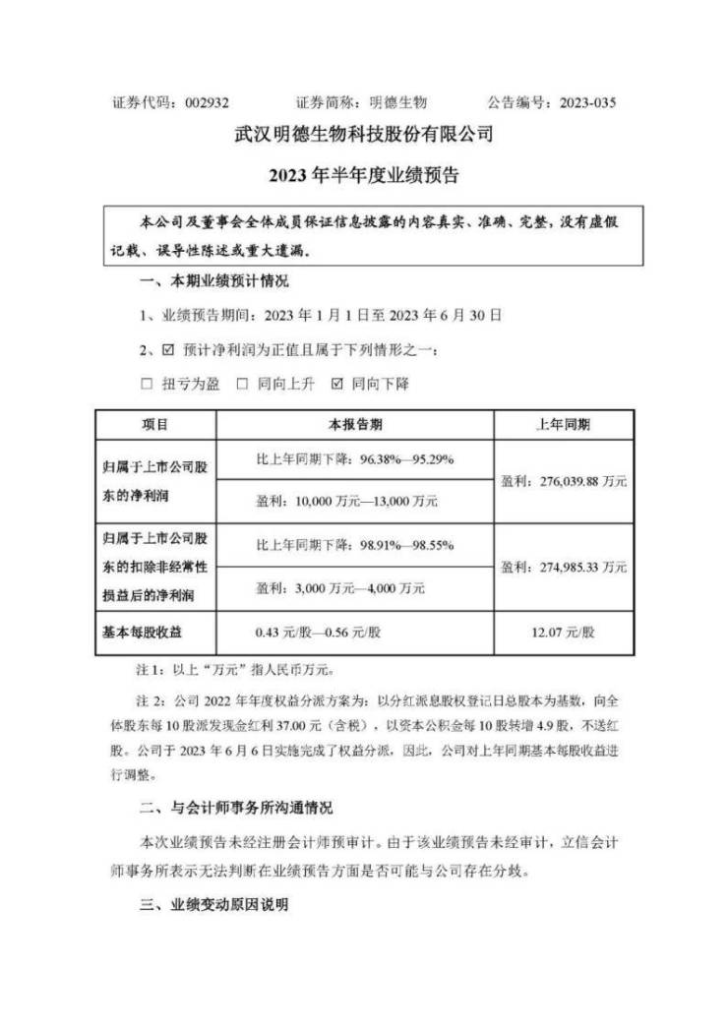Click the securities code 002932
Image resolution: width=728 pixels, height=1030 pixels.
pyautogui.click(x=202, y=102)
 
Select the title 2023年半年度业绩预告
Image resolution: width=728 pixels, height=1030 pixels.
pyautogui.click(x=363, y=177)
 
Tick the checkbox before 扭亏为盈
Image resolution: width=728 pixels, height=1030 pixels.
pyautogui.click(x=146, y=384)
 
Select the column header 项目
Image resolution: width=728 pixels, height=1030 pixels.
pyautogui.click(x=155, y=424)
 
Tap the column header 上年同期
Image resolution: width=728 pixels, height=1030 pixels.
pyautogui.click(x=564, y=424)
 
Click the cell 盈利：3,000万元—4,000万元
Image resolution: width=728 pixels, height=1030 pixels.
pyautogui.click(x=339, y=588)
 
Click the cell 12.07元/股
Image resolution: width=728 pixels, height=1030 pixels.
pyautogui.click(x=564, y=631)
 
